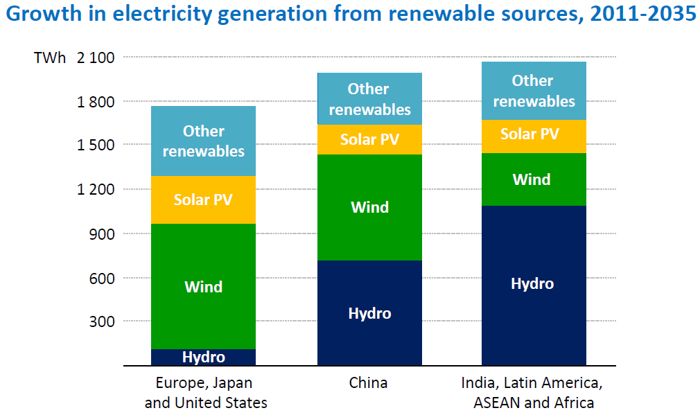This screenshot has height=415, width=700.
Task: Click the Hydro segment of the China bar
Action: pos(369,313)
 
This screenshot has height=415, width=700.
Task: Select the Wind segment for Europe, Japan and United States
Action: pos(204,286)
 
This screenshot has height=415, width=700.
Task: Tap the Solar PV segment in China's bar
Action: pos(369,139)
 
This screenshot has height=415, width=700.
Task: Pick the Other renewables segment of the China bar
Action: pos(369,99)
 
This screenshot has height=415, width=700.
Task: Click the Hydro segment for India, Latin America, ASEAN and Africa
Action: pos(533,284)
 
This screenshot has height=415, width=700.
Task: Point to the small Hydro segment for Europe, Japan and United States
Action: pos(204,357)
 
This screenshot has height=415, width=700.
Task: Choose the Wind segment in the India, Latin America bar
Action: pos(533,179)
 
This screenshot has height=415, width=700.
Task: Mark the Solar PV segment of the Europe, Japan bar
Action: pos(204,200)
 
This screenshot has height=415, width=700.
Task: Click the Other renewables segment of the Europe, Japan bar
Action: pos(204,141)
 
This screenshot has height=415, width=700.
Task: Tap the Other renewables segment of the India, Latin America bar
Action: pos(533,91)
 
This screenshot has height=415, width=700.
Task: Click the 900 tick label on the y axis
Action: pos(102,233)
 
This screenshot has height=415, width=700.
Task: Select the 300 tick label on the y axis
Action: pos(102,321)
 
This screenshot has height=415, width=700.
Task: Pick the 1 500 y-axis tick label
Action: pos(96,145)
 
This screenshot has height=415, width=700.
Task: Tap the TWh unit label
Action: pos(50,58)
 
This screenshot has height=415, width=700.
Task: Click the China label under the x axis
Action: pos(369,383)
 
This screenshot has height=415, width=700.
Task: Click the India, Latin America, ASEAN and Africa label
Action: pos(533,393)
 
